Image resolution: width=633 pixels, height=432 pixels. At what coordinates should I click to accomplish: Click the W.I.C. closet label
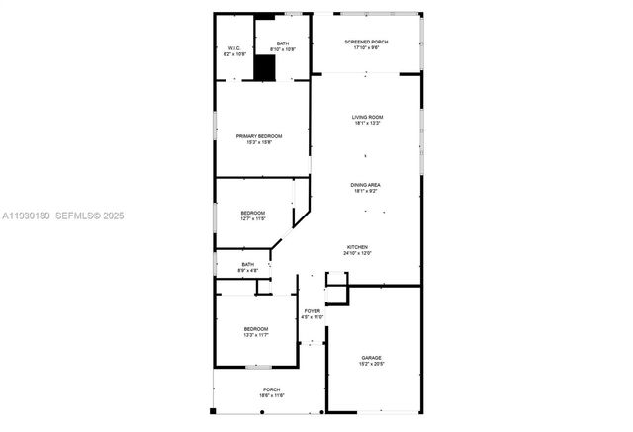coord(234,48)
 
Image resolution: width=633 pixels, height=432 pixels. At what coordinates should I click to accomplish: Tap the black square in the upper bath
coord(264,69)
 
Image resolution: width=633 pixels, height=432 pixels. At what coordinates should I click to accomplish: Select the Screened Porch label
coord(366,42)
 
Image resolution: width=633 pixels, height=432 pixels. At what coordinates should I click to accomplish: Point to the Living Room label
coord(367,117)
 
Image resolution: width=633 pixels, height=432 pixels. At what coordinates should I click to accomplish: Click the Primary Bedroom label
coord(259,135)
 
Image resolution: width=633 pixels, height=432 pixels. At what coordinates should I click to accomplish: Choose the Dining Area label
coord(365,185)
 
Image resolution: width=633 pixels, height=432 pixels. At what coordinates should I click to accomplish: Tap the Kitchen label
coord(357,246)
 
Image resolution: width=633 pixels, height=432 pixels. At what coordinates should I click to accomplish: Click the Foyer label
coord(312,311)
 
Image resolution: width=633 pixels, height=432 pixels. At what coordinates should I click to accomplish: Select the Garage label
coord(371,358)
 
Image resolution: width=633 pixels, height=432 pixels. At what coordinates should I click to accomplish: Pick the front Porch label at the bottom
coord(271,389)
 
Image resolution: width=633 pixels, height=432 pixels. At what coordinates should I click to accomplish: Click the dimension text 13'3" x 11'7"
coord(256,335)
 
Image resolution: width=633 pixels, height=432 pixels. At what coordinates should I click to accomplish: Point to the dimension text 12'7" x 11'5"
coord(253,219)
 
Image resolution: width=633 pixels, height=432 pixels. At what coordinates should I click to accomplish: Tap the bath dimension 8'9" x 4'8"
coord(248,270)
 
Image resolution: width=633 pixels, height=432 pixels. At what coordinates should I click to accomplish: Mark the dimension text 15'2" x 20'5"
coord(371,365)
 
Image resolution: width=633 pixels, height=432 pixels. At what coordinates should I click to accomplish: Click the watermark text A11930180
coord(25,215)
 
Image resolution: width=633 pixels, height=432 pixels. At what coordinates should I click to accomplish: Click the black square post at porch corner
coord(213,411)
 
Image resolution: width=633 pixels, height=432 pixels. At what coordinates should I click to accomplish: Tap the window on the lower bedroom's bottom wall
coord(257,368)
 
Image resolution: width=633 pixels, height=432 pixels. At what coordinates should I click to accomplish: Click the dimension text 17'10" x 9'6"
coord(366,48)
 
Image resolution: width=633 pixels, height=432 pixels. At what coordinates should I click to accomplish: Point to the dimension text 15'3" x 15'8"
coord(259,142)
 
